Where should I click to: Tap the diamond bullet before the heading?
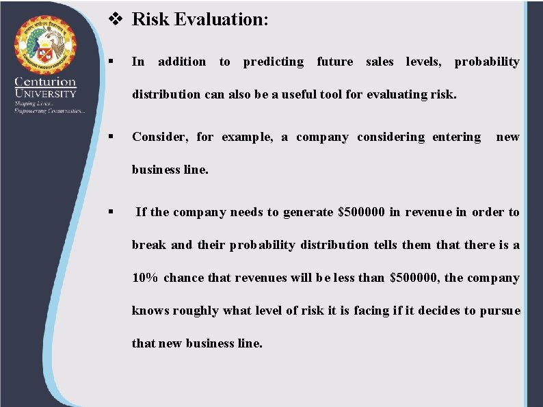117,19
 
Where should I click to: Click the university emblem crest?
47,47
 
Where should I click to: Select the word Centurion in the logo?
46,82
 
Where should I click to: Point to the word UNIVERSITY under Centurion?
46,94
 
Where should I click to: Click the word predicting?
274,62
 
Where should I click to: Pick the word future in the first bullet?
335,62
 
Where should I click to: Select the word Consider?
160,137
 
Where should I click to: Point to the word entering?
457,137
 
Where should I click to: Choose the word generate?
308,212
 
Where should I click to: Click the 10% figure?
145,278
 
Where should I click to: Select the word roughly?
196,311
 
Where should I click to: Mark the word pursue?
500,311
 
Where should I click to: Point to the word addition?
182,62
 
